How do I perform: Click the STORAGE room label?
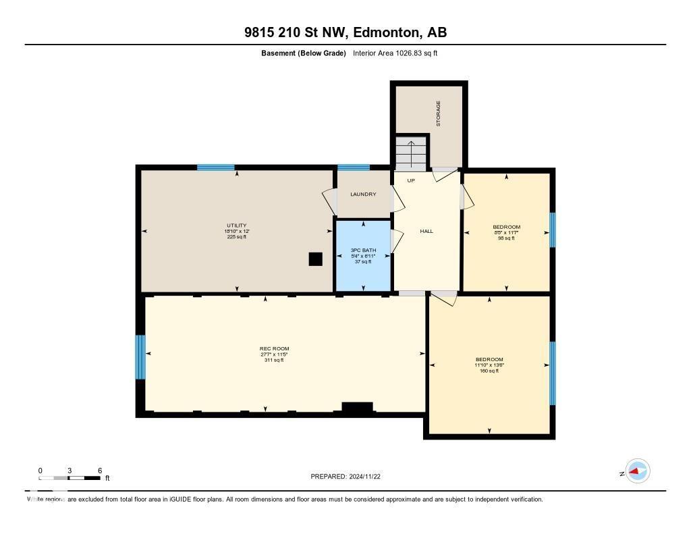point(438,113)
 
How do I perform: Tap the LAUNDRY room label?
point(363,194)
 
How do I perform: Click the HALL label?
point(426,232)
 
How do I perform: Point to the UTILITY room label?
point(236,225)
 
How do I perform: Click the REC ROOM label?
point(274,349)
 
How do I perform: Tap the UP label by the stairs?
point(411,181)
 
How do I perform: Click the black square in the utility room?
point(315,259)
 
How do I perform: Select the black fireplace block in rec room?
point(357,407)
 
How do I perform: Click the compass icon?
point(637,471)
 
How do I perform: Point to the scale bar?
point(70,478)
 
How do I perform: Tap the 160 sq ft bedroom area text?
point(489,371)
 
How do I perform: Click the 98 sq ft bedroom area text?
point(506,238)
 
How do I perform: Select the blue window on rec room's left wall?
point(140,357)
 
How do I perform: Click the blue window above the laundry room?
point(354,167)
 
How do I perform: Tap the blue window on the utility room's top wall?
point(216,167)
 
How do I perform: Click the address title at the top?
point(345,32)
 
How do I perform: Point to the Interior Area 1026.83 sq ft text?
point(395,53)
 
